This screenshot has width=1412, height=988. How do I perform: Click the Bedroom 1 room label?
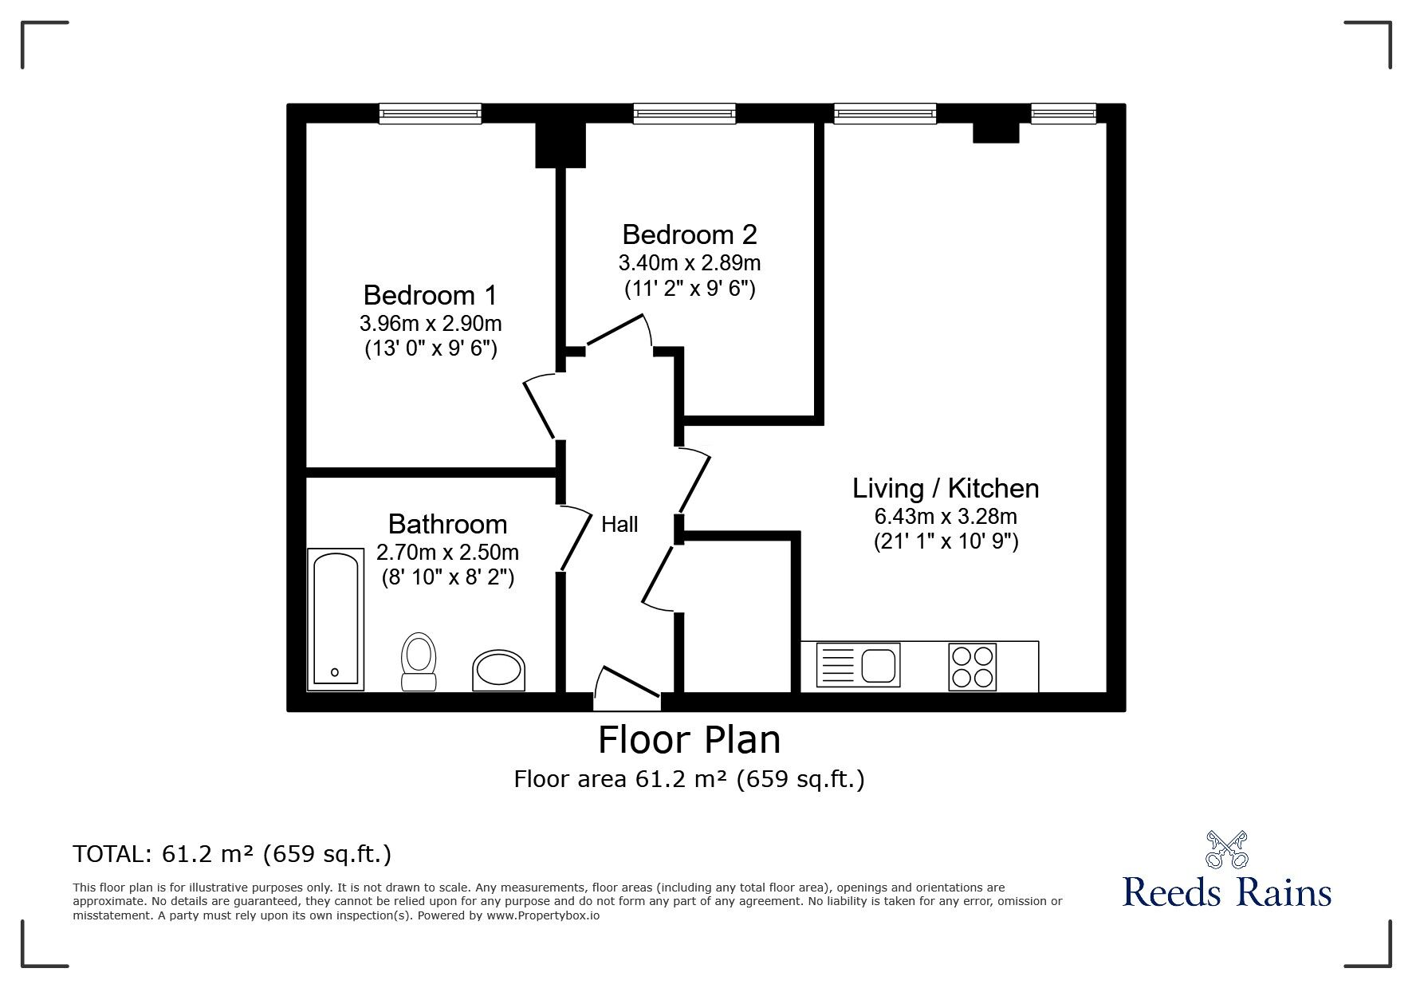430,295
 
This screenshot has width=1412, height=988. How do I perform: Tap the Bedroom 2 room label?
689,234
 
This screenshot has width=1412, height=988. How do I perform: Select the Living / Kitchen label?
946,488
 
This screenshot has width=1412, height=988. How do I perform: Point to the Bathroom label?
447,524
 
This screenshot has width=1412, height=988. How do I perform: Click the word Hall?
619,524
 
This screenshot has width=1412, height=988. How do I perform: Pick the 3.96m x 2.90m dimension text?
431,324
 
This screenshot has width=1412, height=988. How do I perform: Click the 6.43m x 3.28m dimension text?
946,517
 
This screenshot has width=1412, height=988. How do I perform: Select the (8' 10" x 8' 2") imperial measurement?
447,577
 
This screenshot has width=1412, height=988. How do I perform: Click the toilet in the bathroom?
419,661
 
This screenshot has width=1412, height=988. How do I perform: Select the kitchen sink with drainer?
858,665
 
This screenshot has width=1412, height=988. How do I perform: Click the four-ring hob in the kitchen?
973,666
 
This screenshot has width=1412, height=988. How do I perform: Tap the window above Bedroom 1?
431,114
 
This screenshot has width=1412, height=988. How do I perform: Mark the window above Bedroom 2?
684,114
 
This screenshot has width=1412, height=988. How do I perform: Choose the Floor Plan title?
690,739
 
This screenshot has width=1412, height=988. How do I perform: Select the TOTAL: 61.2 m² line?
232,854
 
